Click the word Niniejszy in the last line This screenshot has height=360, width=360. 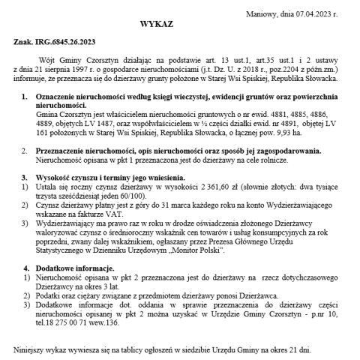[x=31, y=350]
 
